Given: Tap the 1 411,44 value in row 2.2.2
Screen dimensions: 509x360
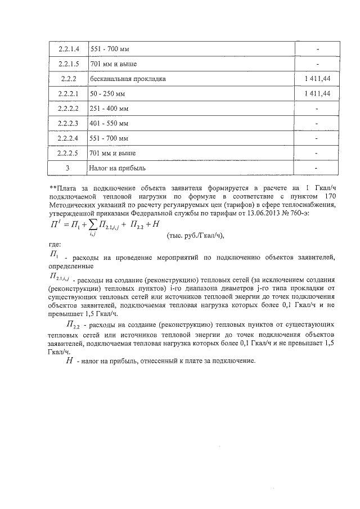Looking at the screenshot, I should (x=316, y=79).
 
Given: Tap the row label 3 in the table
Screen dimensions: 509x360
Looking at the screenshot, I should (x=67, y=167).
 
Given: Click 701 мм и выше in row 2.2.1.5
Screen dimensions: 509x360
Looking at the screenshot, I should (x=114, y=64).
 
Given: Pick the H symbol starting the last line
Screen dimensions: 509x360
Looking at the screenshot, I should (x=69, y=361).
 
